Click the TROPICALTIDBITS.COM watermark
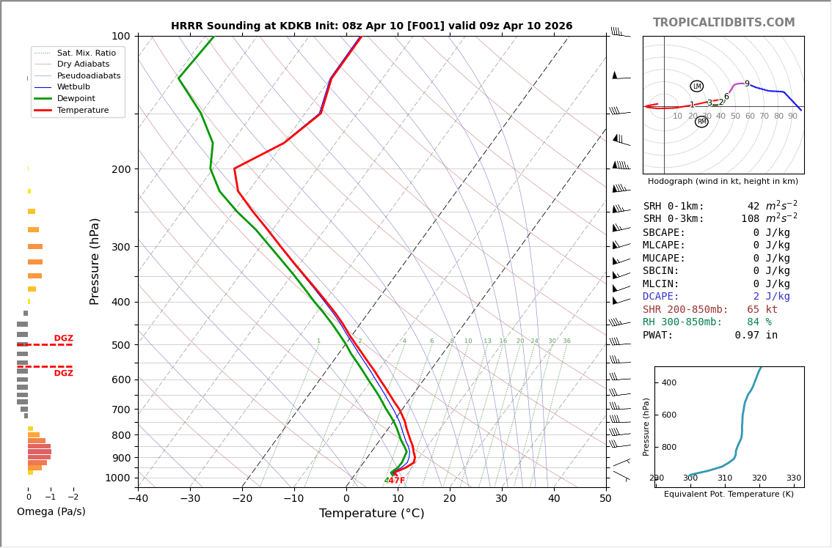tap(723, 23)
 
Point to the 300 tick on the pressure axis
tap(120, 247)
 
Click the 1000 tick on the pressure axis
tap(117, 478)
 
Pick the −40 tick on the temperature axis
tap(138, 499)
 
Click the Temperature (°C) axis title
tap(371, 514)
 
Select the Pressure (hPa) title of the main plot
tap(95, 261)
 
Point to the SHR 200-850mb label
tap(685, 310)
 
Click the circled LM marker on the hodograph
tap(696, 86)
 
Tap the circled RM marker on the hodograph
tap(701, 122)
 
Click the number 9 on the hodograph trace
tap(747, 84)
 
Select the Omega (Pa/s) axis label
tap(51, 512)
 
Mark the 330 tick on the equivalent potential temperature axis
tap(793, 478)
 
